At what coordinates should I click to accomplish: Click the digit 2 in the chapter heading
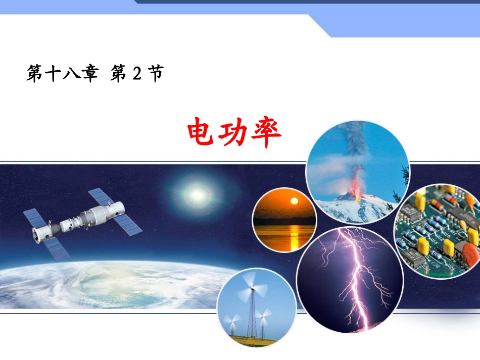pyautogui.click(x=135, y=75)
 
